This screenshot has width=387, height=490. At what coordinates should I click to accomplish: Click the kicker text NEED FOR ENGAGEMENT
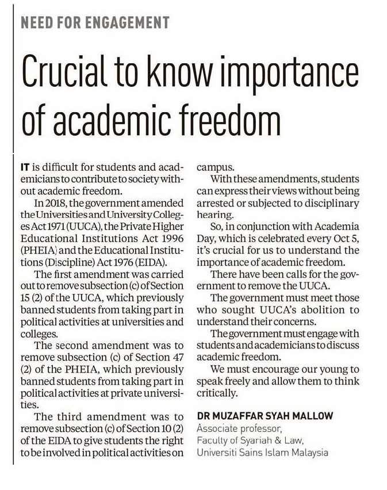[95, 23]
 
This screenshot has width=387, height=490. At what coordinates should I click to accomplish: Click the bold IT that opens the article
[25, 167]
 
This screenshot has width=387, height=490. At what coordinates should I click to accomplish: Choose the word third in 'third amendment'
[70, 417]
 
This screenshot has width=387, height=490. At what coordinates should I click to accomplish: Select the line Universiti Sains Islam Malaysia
[262, 453]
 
